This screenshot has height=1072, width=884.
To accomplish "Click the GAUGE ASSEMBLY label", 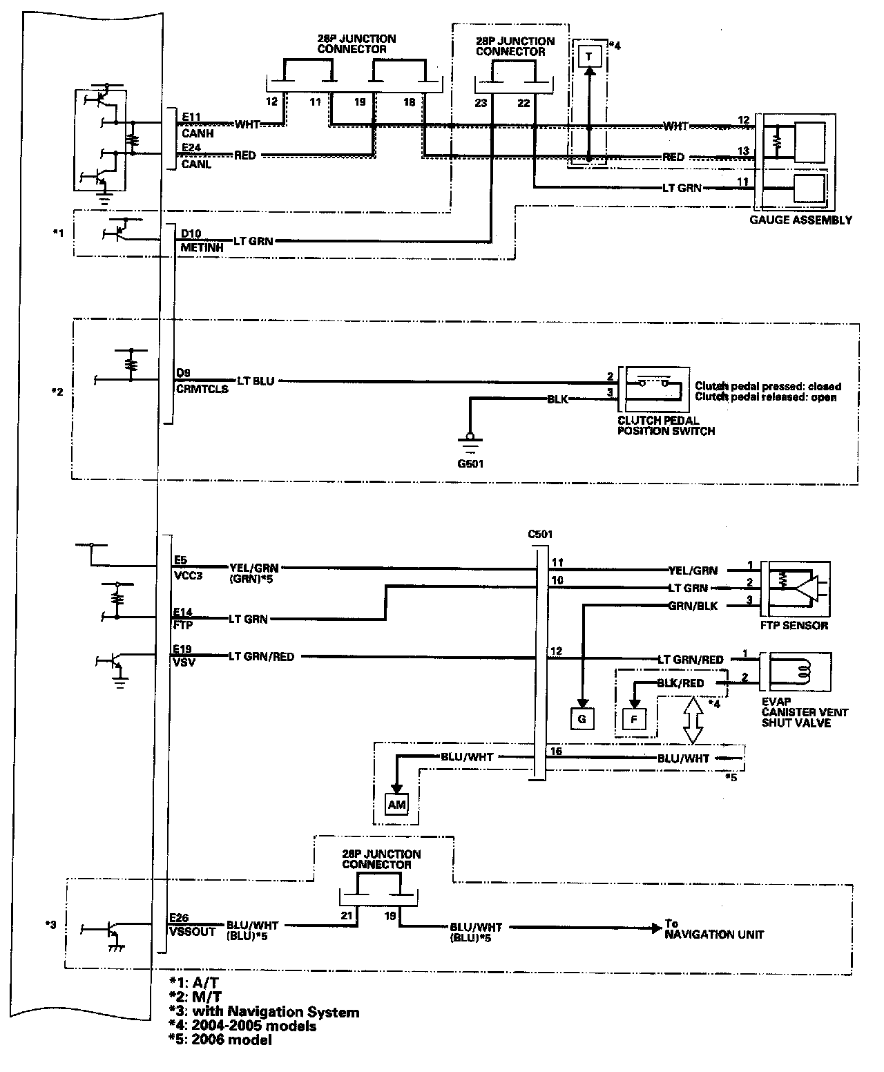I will tap(800, 220).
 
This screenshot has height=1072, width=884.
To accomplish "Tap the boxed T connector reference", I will tap(588, 56).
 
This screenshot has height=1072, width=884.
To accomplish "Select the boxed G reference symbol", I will tap(582, 719).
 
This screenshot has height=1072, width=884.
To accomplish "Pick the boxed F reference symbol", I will tap(633, 719).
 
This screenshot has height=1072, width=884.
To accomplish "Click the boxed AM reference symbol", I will tap(396, 805).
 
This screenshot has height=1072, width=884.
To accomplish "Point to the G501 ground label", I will tap(470, 463).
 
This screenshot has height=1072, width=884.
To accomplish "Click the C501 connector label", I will tap(539, 534).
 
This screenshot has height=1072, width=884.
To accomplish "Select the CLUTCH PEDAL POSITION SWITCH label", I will tap(666, 425).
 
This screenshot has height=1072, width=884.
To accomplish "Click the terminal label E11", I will tap(191, 117).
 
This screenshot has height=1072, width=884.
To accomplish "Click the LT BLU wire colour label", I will tap(256, 381).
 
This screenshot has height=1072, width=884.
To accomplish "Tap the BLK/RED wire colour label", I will tap(681, 683).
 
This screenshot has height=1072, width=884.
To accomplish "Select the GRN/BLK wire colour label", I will tap(693, 606).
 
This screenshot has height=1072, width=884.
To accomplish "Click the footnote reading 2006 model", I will tap(229, 1040).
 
